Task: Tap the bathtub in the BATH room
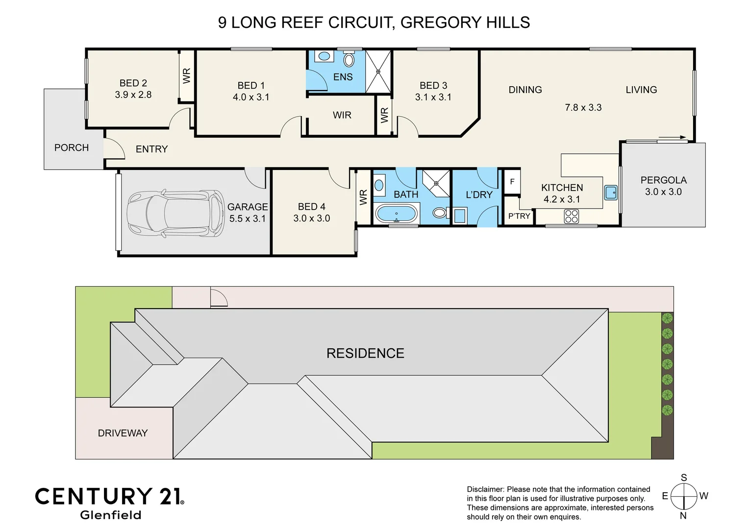pos(397,214)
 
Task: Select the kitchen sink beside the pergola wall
pos(611,192)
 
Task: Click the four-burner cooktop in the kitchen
pos(572,216)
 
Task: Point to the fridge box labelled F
pos(512,182)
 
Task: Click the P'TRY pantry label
pos(519,216)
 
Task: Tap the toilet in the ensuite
pos(349,60)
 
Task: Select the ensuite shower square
pos(378,72)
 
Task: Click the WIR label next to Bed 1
pos(342,115)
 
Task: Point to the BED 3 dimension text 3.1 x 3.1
pos(433,97)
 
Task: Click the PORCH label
pos(72,147)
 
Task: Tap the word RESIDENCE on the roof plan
pos(365,353)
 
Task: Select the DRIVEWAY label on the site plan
pos(123,433)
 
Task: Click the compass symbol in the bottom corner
pos(684,496)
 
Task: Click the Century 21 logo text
pos(109,496)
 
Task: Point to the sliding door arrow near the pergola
pos(672,138)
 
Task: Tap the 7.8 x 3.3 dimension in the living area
pos(583,107)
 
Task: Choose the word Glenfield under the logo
pos(110,515)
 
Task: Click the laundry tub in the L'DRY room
pos(460,216)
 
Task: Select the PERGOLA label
pos(663,180)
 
